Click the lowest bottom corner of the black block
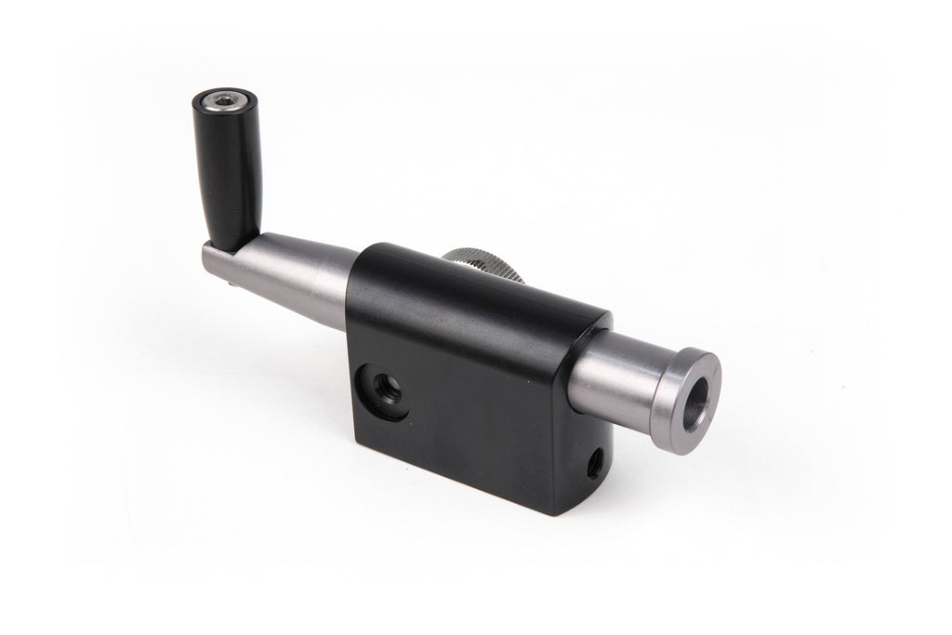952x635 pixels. click(555, 513)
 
